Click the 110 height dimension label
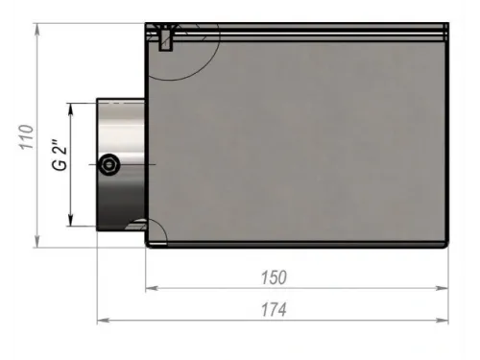click(x=27, y=136)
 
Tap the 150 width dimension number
click(x=274, y=277)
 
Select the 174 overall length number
click(x=274, y=310)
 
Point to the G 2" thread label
click(x=60, y=155)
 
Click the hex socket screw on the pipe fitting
click(x=109, y=164)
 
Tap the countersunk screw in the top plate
click(x=165, y=37)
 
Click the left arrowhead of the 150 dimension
click(x=152, y=288)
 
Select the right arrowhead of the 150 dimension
click(x=443, y=288)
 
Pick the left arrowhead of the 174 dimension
click(x=104, y=320)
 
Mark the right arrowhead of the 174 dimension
click(x=443, y=320)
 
